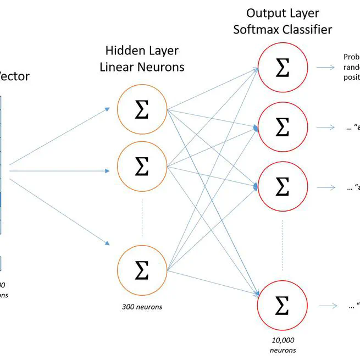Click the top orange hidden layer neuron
pyautogui.click(x=142, y=110)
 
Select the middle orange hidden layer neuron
pyautogui.click(x=142, y=166)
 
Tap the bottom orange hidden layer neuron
pyautogui.click(x=142, y=269)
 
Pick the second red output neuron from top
pyautogui.click(x=282, y=127)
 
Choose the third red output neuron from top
pyautogui.click(x=282, y=187)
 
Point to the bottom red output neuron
pyautogui.click(x=282, y=306)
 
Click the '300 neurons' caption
pyautogui.click(x=142, y=307)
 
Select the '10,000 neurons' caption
pyautogui.click(x=283, y=345)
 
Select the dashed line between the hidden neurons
pyautogui.click(x=142, y=217)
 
